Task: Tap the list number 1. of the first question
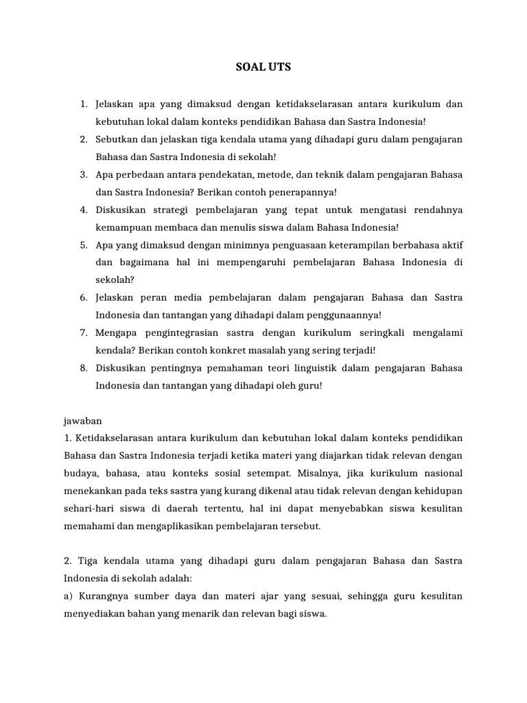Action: tap(82, 104)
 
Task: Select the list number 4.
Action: tap(82, 209)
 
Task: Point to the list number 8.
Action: tap(82, 368)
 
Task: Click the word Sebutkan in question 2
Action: tap(117, 139)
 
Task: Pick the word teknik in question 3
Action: tap(279, 174)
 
